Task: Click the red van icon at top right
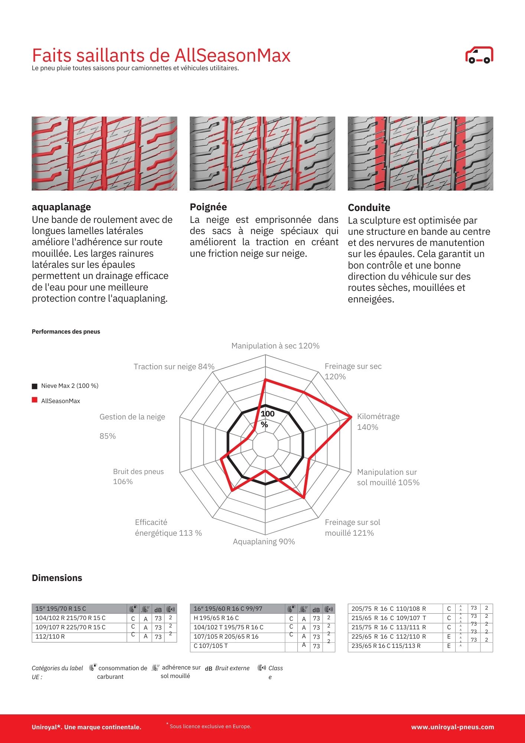pyautogui.click(x=479, y=55)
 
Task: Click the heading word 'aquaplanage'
pyautogui.click(x=61, y=207)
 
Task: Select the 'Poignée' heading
pyautogui.click(x=208, y=207)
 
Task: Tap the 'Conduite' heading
pyautogui.click(x=369, y=208)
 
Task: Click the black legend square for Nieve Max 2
pyautogui.click(x=35, y=386)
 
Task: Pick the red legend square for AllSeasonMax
pyautogui.click(x=35, y=400)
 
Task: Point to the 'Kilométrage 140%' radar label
pyautogui.click(x=378, y=422)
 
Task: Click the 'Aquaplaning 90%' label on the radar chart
pyautogui.click(x=264, y=542)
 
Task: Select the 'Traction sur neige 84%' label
pyautogui.click(x=174, y=367)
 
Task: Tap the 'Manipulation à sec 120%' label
pyautogui.click(x=275, y=346)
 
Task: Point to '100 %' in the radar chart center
pyautogui.click(x=267, y=419)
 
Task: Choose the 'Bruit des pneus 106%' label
pyautogui.click(x=138, y=476)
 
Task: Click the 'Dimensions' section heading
pyautogui.click(x=57, y=578)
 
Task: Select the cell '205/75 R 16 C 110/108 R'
pyautogui.click(x=388, y=609)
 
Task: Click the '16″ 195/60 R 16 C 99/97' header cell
pyautogui.click(x=228, y=609)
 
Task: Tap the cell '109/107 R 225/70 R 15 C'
pyautogui.click(x=70, y=627)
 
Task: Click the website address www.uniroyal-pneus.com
pyautogui.click(x=452, y=727)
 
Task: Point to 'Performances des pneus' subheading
pyautogui.click(x=66, y=331)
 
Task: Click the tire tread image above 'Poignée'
pyautogui.click(x=262, y=153)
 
